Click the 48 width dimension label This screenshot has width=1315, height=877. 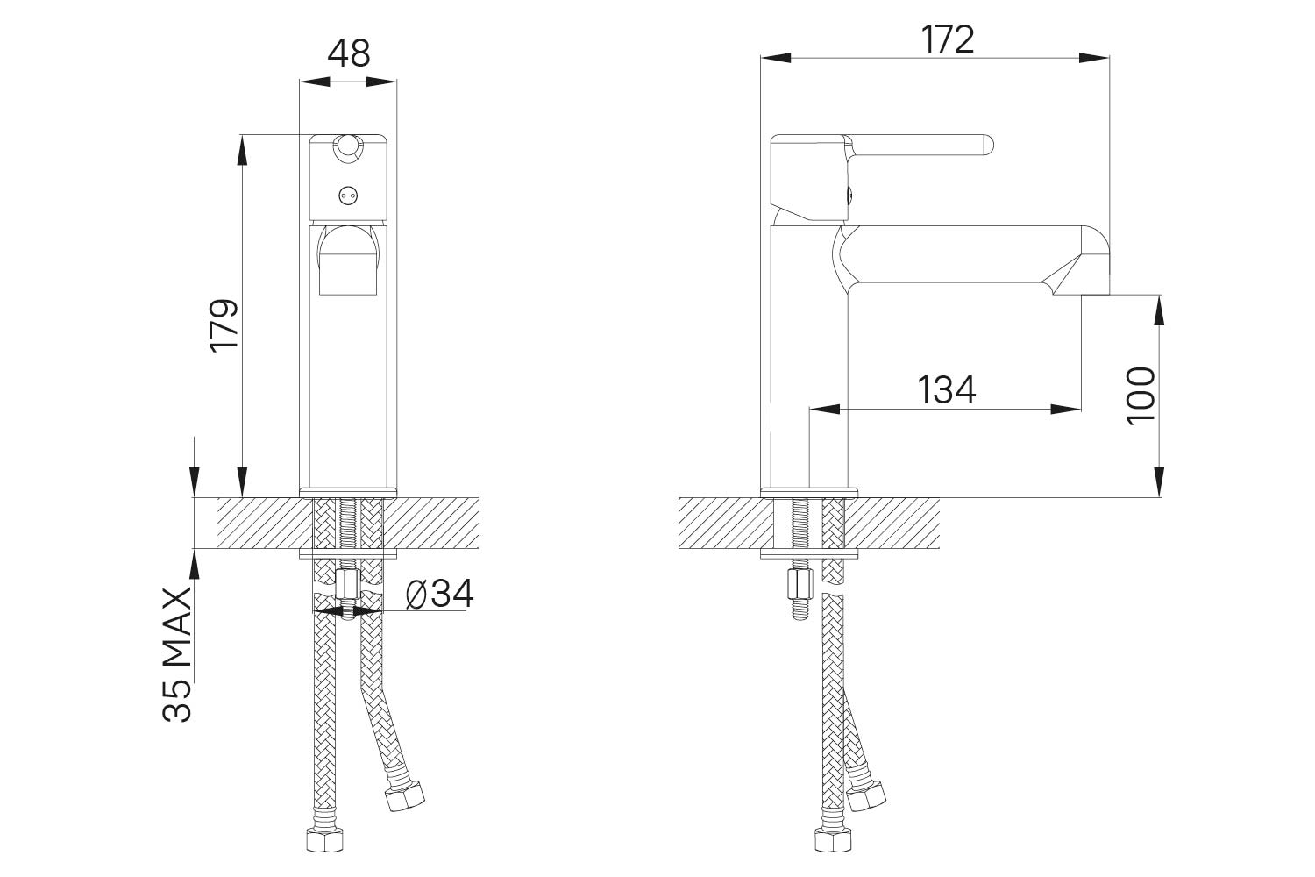[349, 53]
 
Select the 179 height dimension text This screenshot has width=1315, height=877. [224, 325]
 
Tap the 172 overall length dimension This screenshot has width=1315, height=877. [948, 39]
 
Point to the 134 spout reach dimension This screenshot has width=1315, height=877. [946, 390]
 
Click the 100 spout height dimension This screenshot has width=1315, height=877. [1141, 396]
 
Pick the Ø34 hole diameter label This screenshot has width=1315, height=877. [440, 594]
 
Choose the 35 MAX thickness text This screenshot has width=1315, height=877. [177, 654]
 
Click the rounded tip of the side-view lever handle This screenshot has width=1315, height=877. [988, 146]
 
